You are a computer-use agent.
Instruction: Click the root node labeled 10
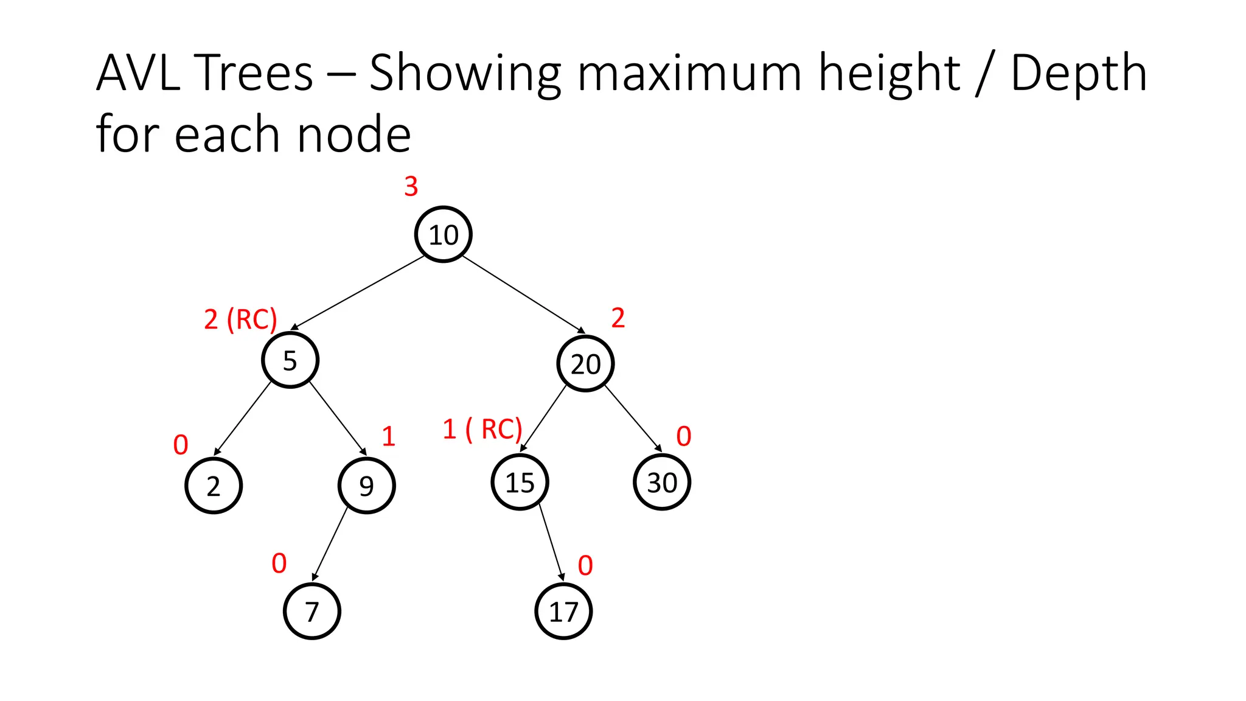[x=443, y=234]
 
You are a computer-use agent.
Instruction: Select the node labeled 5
[x=290, y=360]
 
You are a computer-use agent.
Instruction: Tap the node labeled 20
[x=585, y=364]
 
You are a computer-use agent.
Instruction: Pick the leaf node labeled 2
[x=214, y=486]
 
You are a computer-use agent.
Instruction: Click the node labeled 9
[x=366, y=486]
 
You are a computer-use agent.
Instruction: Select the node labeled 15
[x=520, y=483]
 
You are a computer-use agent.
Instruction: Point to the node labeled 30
[x=661, y=483]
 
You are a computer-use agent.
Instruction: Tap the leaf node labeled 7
[x=312, y=611]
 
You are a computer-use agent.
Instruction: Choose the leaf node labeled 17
[x=563, y=611]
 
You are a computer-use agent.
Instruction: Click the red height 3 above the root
[x=411, y=186]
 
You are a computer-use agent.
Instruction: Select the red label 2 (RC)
[x=240, y=319]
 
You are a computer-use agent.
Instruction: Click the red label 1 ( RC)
[x=482, y=430]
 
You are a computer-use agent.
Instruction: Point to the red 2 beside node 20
[x=618, y=318]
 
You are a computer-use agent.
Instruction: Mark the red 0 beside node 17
[x=585, y=566]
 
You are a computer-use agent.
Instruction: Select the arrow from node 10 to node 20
[x=523, y=295]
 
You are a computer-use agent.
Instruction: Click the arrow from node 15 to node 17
[x=551, y=542]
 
